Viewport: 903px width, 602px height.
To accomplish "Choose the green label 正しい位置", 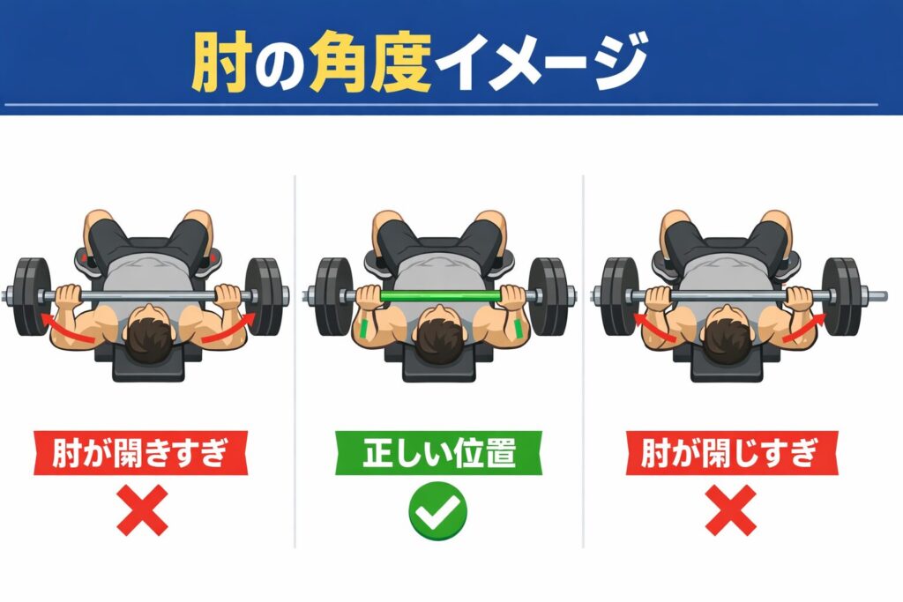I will coord(438,453).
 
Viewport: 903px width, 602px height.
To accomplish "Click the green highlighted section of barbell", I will coord(438,296).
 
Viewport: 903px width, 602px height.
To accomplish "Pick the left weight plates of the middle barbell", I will coord(334,296).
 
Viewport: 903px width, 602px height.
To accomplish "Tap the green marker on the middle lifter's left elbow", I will coord(365,328).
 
